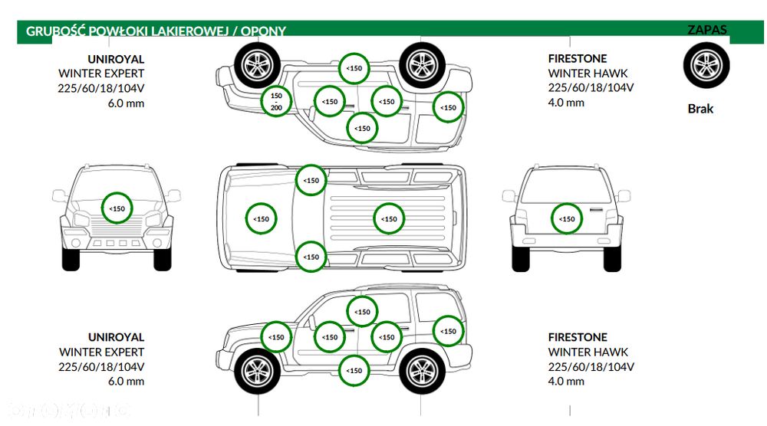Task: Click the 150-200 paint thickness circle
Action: pyautogui.click(x=276, y=100)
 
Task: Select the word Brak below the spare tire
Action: pyautogui.click(x=700, y=109)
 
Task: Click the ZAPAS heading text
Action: pyautogui.click(x=707, y=31)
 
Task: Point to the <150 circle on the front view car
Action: pyautogui.click(x=117, y=208)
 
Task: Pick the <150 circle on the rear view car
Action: pyautogui.click(x=566, y=218)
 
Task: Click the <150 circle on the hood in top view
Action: pyautogui.click(x=261, y=218)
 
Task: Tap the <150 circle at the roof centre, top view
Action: pyautogui.click(x=390, y=218)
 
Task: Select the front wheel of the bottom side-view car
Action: pyautogui.click(x=256, y=371)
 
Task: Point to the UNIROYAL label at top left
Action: pyautogui.click(x=116, y=58)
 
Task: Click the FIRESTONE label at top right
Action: pyautogui.click(x=577, y=58)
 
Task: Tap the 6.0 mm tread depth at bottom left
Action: pyautogui.click(x=127, y=382)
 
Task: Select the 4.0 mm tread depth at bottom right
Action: pyautogui.click(x=566, y=382)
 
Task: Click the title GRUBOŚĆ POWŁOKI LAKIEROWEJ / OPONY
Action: pyautogui.click(x=156, y=31)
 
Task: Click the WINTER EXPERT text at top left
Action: pyautogui.click(x=101, y=74)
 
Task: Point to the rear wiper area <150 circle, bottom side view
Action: pyautogui.click(x=449, y=332)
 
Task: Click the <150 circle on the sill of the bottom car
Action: pyautogui.click(x=354, y=371)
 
